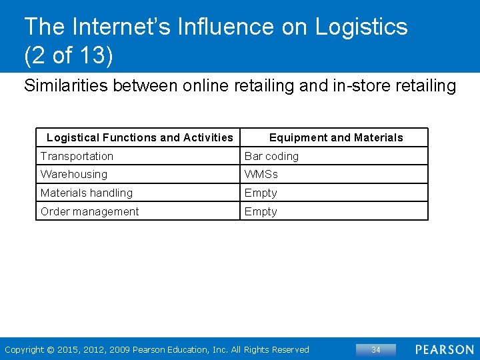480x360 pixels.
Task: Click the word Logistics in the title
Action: pyautogui.click(x=361, y=27)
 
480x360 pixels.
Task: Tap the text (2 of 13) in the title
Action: pyautogui.click(x=68, y=56)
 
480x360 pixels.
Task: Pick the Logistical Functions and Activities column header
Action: pyautogui.click(x=140, y=137)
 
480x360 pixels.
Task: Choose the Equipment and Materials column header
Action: pyautogui.click(x=336, y=137)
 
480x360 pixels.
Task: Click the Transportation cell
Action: pyautogui.click(x=77, y=156)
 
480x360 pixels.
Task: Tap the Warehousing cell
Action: pyautogui.click(x=73, y=174)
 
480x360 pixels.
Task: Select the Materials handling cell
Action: pyautogui.click(x=87, y=193)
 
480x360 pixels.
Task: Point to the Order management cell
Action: pyautogui.click(x=89, y=211)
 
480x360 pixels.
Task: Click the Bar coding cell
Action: pyautogui.click(x=271, y=156)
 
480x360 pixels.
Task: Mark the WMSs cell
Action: pyautogui.click(x=261, y=174)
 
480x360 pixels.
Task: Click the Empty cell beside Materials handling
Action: pyautogui.click(x=261, y=193)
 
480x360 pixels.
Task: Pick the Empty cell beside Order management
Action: pyautogui.click(x=261, y=211)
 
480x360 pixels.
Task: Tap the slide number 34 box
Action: pyautogui.click(x=376, y=349)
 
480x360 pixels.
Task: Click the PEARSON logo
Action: pyautogui.click(x=445, y=349)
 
